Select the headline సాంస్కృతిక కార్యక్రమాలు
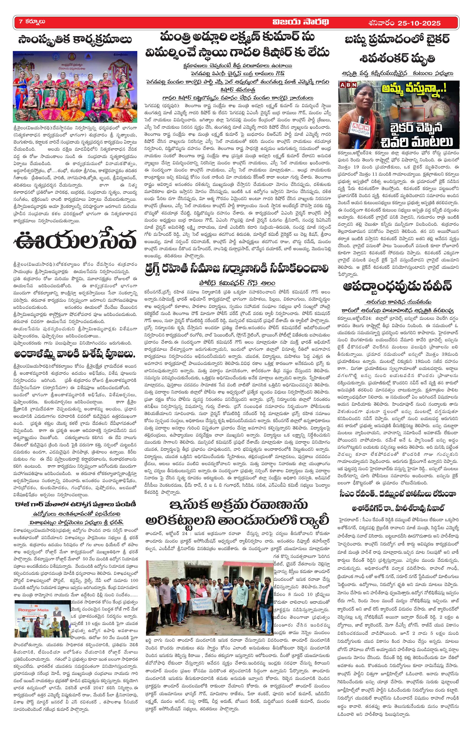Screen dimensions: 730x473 click(x=75, y=40)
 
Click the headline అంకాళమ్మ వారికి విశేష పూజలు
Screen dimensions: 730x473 click(x=75, y=355)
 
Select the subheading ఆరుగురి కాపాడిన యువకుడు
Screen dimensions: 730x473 click(x=397, y=301)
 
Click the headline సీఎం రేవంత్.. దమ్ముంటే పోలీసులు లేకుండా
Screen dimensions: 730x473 click(x=397, y=494)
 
